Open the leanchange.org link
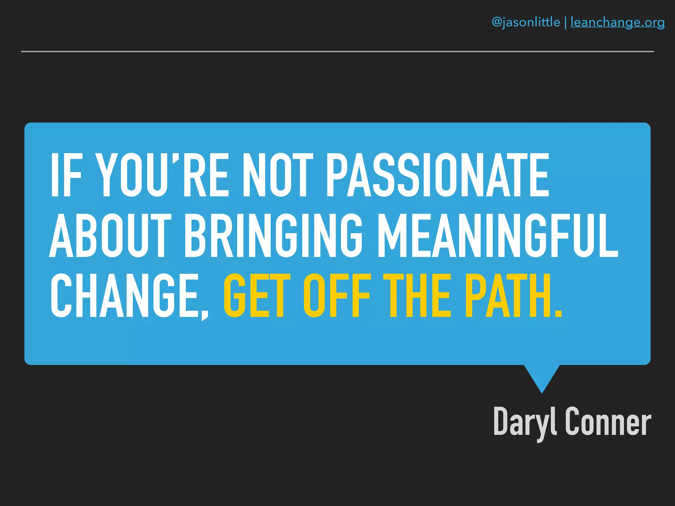click(x=617, y=22)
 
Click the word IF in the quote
click(x=66, y=175)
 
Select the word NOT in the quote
click(x=278, y=175)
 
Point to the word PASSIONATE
click(x=437, y=175)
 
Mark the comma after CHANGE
click(x=205, y=315)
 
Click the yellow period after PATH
click(x=558, y=313)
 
